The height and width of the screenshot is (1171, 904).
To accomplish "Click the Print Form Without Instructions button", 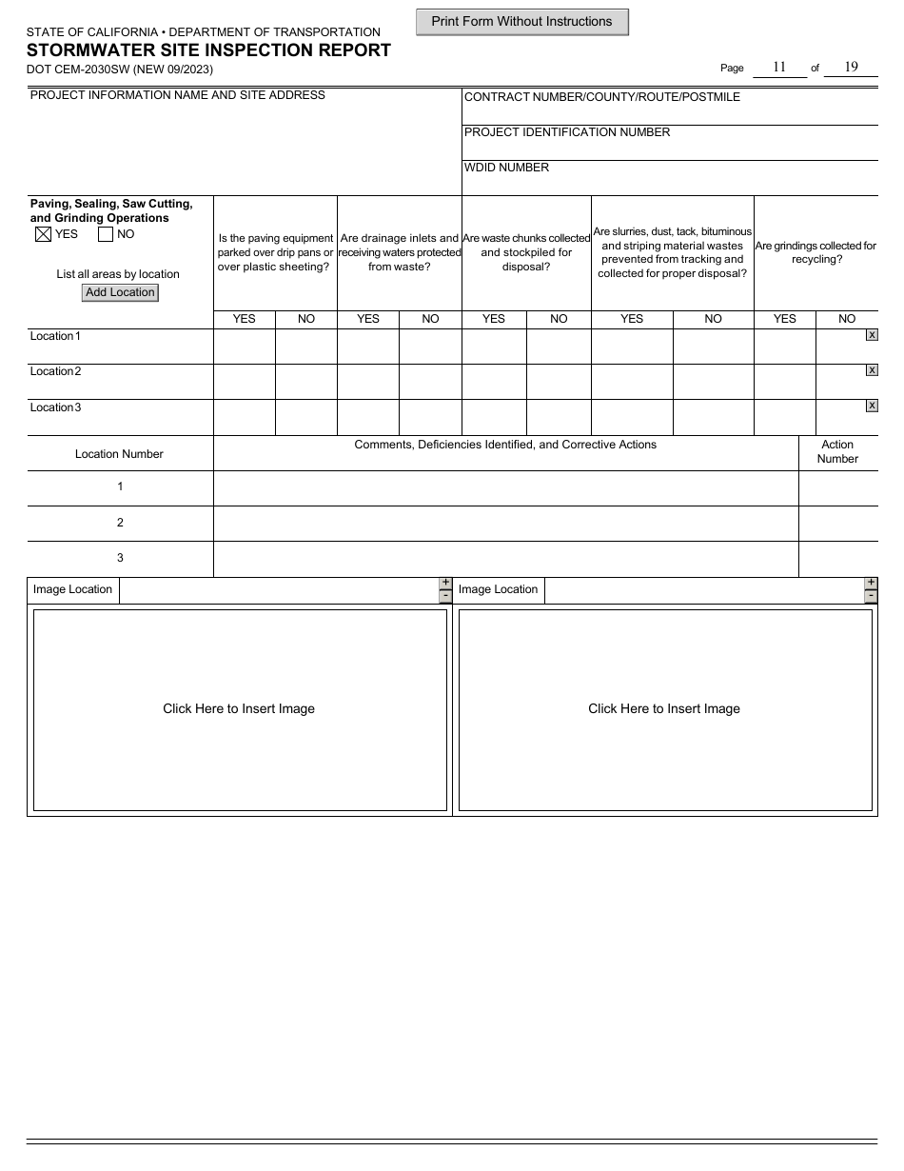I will (x=521, y=22).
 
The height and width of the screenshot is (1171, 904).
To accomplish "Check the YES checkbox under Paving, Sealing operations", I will (x=42, y=234).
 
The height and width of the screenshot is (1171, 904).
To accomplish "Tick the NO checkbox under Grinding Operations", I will (x=106, y=234).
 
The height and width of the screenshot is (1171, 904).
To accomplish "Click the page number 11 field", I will (x=779, y=68).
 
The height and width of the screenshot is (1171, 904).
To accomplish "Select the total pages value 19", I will (x=851, y=68).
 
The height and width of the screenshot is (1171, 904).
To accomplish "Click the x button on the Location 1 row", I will (x=872, y=335).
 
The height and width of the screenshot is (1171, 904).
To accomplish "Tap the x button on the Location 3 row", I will (x=872, y=407).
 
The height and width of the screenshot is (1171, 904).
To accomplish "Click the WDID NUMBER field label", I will (x=506, y=168).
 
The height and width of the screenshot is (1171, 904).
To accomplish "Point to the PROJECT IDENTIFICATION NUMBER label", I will (x=566, y=132).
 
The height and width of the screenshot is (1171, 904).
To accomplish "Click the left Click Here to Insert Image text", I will (x=239, y=709).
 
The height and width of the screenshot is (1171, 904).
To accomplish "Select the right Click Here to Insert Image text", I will (x=664, y=709).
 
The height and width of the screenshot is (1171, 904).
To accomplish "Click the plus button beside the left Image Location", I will (x=445, y=583).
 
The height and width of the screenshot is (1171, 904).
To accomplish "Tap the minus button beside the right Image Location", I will (x=871, y=597).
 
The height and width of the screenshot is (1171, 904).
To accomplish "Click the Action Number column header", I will (x=837, y=452).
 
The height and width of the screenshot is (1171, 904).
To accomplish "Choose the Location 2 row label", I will (x=55, y=371).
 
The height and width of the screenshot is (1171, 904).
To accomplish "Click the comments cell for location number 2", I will (x=505, y=523).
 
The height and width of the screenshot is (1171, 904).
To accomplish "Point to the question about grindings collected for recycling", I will (x=816, y=252).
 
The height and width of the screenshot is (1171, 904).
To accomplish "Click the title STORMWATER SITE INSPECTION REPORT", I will (x=208, y=50).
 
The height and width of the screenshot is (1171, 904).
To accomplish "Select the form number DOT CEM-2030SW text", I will (x=120, y=69).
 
